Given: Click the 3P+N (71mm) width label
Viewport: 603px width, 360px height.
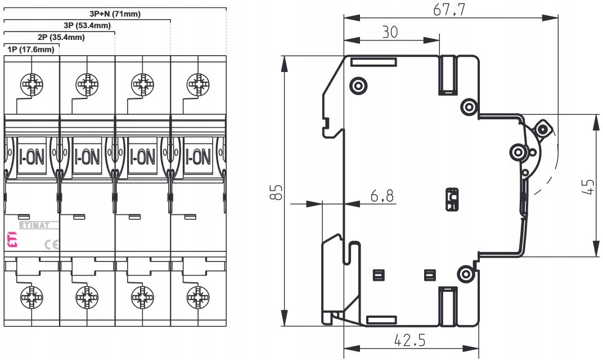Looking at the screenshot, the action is click(115, 14).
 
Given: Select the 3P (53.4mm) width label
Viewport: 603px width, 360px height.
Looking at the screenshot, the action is click(87, 25).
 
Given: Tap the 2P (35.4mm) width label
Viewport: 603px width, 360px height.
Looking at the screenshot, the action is click(61, 37).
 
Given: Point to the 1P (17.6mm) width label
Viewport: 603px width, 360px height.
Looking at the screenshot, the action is click(31, 49).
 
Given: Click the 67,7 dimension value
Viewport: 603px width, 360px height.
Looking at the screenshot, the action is click(449, 10).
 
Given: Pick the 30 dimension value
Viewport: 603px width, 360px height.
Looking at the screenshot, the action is click(390, 32).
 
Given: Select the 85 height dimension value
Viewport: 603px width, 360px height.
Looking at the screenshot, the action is click(276, 192).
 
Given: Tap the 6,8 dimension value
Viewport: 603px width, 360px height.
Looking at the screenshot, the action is click(382, 196).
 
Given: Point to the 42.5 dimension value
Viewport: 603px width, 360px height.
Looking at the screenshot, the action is click(410, 340).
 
